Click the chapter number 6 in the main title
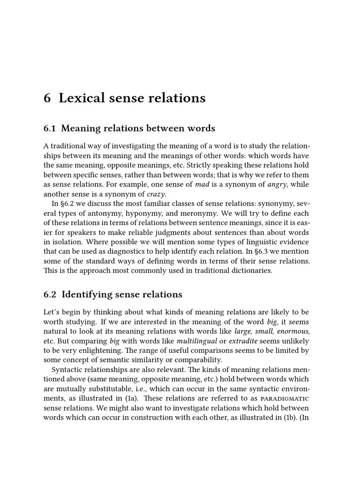click(x=47, y=98)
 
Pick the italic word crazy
click(x=157, y=194)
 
